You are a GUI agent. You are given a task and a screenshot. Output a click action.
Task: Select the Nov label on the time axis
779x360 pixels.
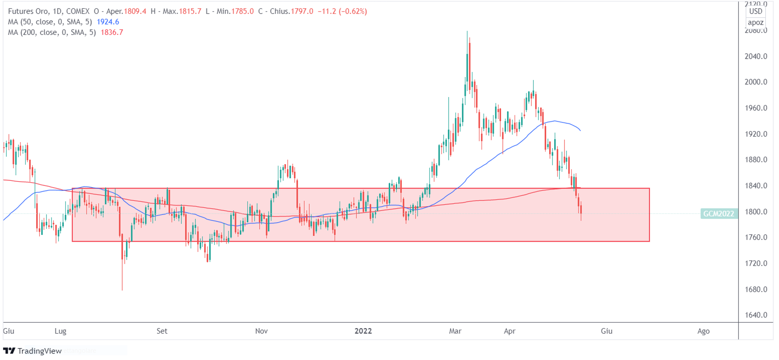261,331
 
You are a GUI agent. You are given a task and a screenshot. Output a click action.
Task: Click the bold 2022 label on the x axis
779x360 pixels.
363,331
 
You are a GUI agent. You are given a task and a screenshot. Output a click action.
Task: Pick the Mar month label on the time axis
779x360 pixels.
455,331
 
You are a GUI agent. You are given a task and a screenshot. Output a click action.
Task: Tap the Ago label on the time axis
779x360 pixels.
703,331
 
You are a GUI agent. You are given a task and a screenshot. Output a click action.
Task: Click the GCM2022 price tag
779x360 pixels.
719,214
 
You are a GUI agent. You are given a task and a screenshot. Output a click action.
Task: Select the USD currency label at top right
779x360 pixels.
756,11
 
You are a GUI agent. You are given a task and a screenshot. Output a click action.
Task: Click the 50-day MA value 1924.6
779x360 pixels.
108,22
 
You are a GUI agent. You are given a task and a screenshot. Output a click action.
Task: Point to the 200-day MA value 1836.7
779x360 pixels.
112,32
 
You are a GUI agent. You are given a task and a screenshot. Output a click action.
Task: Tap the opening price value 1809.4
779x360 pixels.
135,11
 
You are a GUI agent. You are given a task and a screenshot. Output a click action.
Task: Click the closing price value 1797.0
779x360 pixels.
302,11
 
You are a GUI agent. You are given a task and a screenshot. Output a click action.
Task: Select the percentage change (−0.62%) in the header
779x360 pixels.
352,11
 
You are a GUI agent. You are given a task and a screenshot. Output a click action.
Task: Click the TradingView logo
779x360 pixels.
33,351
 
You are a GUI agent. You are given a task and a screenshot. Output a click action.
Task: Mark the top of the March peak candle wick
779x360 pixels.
467,31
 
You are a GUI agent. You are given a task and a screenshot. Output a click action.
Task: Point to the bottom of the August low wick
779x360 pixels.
122,290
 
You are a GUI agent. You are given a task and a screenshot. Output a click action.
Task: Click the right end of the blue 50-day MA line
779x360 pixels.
580,130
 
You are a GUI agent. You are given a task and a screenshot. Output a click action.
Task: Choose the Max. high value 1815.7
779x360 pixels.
190,11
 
